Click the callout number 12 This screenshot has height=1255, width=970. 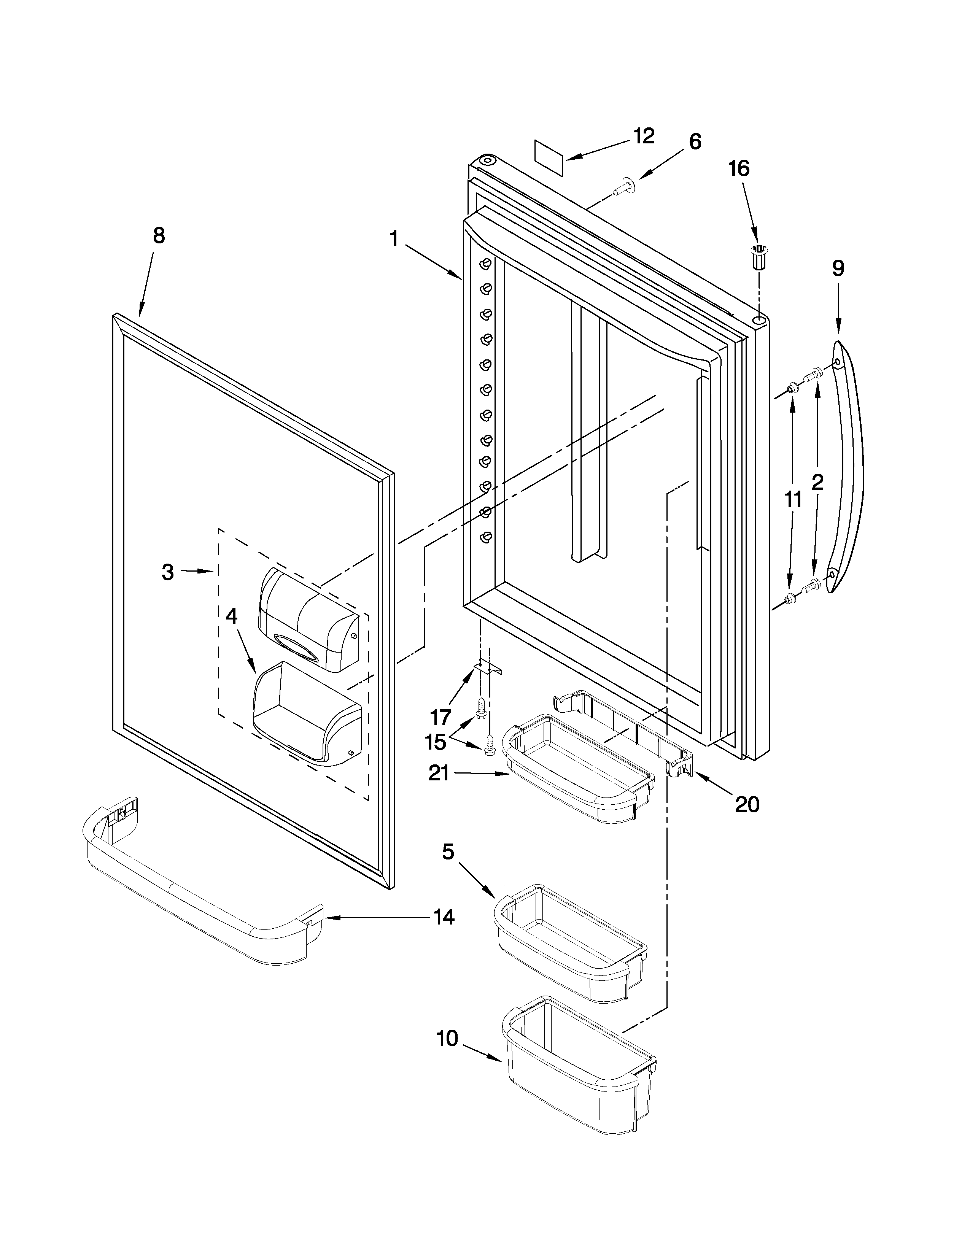pyautogui.click(x=644, y=136)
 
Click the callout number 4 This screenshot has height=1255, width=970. pyautogui.click(x=231, y=616)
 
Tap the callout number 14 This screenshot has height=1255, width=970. pyautogui.click(x=443, y=917)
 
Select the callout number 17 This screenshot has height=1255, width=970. pyautogui.click(x=441, y=717)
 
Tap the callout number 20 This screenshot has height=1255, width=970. pyautogui.click(x=747, y=804)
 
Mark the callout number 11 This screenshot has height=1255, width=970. pyautogui.click(x=793, y=499)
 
